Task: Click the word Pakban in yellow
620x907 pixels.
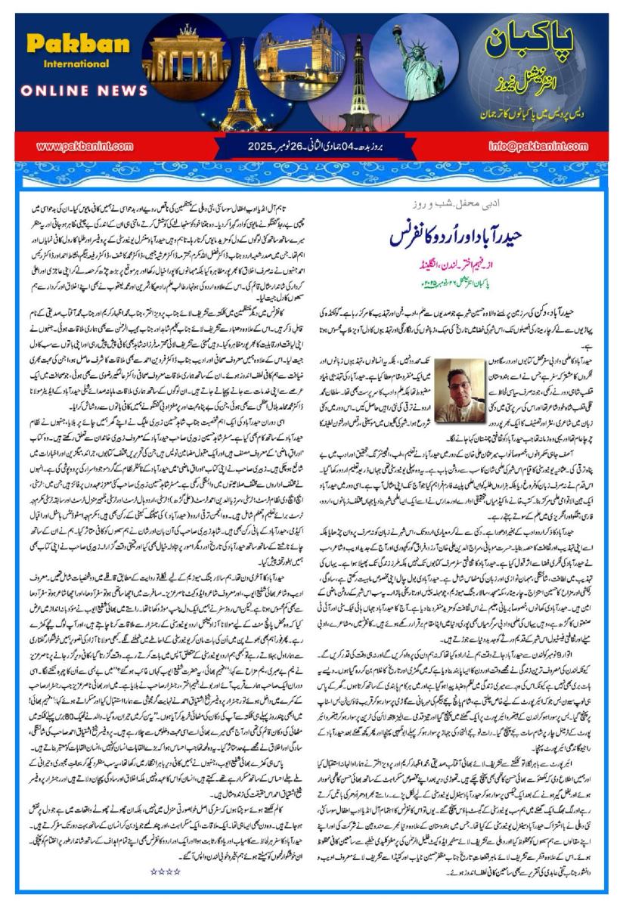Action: (x=78, y=44)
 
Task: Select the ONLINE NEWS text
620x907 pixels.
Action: (x=83, y=91)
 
